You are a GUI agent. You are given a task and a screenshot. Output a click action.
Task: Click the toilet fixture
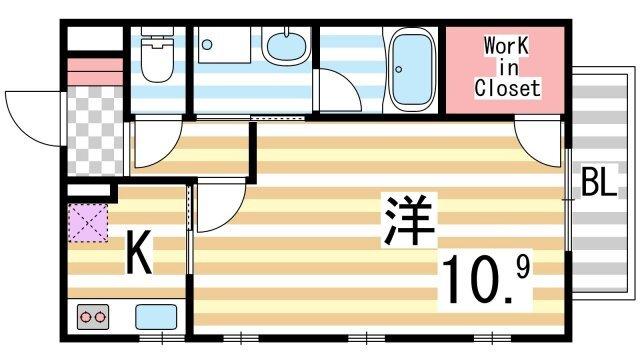[x=156, y=59]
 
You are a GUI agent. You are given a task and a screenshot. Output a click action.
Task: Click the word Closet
[x=507, y=88]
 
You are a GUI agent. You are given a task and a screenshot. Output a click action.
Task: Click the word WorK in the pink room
[x=508, y=46]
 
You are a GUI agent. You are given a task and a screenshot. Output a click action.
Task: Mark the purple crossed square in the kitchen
[x=88, y=222]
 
